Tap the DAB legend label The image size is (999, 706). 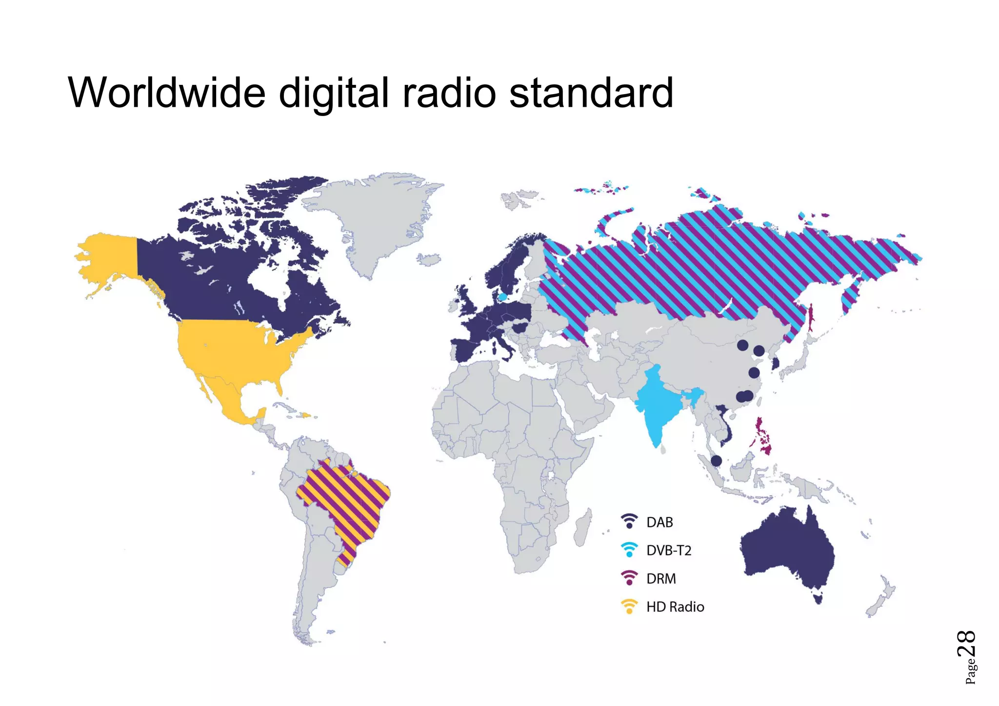pyautogui.click(x=659, y=522)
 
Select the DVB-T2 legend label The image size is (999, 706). pyautogui.click(x=669, y=550)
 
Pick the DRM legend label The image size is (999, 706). pyautogui.click(x=661, y=579)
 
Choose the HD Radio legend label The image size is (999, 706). pyautogui.click(x=675, y=607)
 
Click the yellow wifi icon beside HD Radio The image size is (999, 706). pyautogui.click(x=629, y=607)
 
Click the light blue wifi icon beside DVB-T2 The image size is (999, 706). pyautogui.click(x=629, y=550)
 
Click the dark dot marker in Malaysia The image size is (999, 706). pyautogui.click(x=716, y=460)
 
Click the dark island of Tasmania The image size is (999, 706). pyautogui.click(x=818, y=597)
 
